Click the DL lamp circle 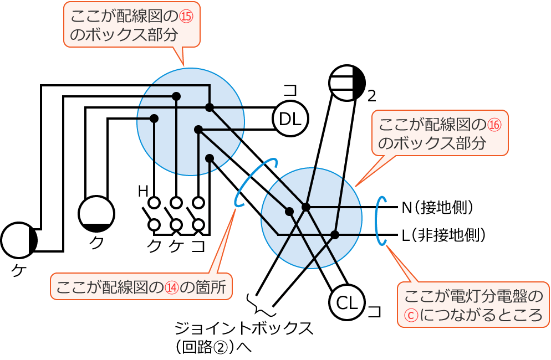click(x=290, y=119)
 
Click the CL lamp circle click(x=347, y=302)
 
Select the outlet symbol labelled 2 click(x=347, y=83)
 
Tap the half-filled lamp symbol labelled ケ click(x=19, y=240)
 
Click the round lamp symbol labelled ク click(x=96, y=214)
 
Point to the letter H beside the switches click(x=143, y=192)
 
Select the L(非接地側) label click(x=443, y=235)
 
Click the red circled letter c click(x=411, y=315)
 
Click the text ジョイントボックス click(x=244, y=328)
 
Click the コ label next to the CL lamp click(x=375, y=311)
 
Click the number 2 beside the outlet click(x=372, y=96)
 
